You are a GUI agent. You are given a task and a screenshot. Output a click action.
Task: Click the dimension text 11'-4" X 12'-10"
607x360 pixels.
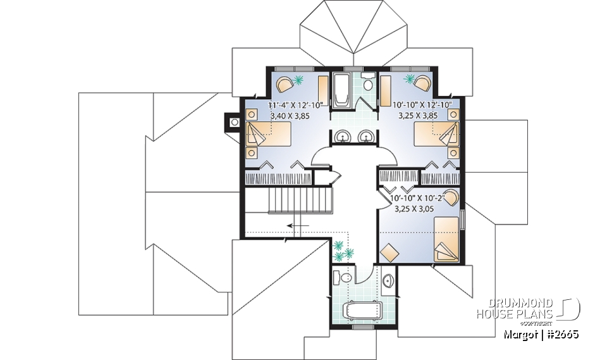pyautogui.click(x=295, y=105)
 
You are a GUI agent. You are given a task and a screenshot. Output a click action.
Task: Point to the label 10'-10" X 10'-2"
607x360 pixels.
pyautogui.click(x=418, y=197)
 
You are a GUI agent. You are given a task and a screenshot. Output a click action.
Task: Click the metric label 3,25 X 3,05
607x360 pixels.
pyautogui.click(x=418, y=208)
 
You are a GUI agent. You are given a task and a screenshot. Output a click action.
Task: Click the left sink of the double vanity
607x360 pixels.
pyautogui.click(x=342, y=135)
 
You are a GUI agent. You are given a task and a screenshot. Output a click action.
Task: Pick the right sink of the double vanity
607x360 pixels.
pyautogui.click(x=365, y=135)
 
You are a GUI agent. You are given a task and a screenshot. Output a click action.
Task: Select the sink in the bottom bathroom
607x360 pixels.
pyautogui.click(x=388, y=280)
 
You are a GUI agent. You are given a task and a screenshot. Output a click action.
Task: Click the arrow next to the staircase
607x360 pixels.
pyautogui.click(x=297, y=225)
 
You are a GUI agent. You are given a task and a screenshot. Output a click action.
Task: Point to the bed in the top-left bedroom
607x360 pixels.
pyautogui.click(x=268, y=134)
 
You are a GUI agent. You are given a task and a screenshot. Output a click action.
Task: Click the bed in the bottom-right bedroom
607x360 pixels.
pyautogui.click(x=446, y=239)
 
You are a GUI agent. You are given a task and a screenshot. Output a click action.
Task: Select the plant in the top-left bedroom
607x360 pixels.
pyautogui.click(x=298, y=80)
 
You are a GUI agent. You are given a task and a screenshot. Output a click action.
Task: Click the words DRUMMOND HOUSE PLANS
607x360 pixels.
pyautogui.click(x=515, y=309)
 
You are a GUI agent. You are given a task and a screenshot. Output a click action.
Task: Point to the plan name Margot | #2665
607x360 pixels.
pyautogui.click(x=541, y=333)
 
